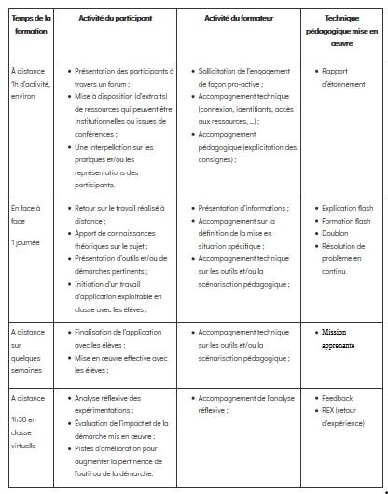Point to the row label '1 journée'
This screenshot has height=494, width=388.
26,242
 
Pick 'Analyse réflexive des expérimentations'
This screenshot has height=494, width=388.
116,404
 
